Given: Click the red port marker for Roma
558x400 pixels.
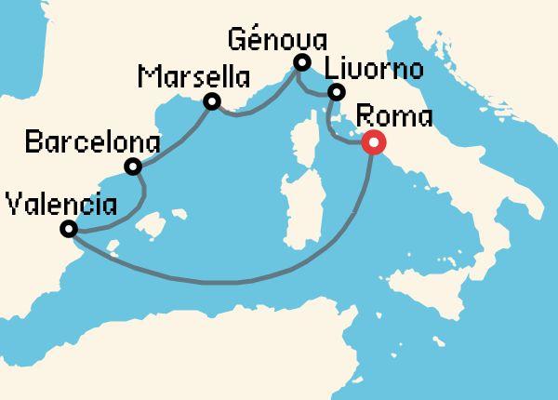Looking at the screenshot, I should pyautogui.click(x=373, y=143).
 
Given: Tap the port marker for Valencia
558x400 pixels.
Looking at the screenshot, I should pyautogui.click(x=68, y=229).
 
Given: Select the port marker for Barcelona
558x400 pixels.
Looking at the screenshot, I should pyautogui.click(x=133, y=167).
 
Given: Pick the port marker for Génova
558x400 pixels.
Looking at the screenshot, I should pyautogui.click(x=301, y=62).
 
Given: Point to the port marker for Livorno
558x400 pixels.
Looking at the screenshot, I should pyautogui.click(x=337, y=91).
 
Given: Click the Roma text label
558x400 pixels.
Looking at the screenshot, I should pyautogui.click(x=394, y=117).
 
